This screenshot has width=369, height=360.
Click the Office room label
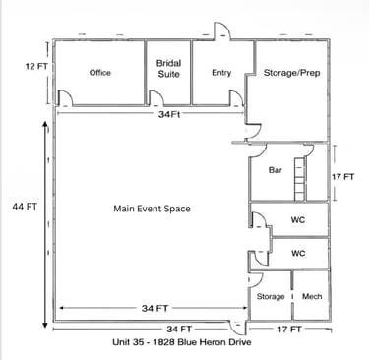[x=100, y=73]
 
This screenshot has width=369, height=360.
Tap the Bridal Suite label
[x=168, y=69]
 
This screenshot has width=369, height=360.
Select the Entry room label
[x=221, y=73]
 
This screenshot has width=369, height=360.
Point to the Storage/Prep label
[x=292, y=73]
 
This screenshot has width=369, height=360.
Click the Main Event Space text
[x=152, y=209]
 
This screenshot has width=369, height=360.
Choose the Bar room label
[x=276, y=170]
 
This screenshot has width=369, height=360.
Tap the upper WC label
[x=298, y=219]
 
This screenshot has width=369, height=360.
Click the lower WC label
[x=298, y=253]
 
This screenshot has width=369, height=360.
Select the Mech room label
[x=312, y=296]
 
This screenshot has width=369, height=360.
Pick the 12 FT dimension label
[x=36, y=66]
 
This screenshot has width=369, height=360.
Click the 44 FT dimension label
[x=25, y=207]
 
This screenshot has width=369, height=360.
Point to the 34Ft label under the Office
[x=169, y=114]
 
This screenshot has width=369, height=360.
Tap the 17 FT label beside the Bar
[x=343, y=177]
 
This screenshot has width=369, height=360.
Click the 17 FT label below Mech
[x=289, y=330]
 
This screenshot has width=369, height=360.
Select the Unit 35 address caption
[x=182, y=342]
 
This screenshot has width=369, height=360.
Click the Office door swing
[x=65, y=98]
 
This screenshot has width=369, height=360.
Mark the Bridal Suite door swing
[x=156, y=98]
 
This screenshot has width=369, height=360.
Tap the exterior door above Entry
[x=222, y=31]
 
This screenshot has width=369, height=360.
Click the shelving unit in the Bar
[x=299, y=179]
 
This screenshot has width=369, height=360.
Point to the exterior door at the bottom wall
[x=236, y=328]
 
